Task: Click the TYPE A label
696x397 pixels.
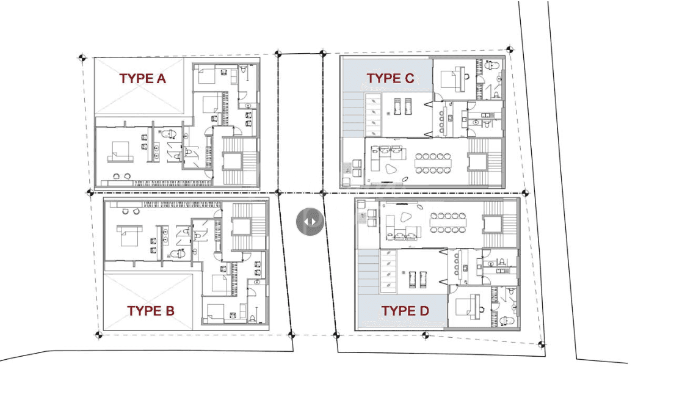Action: point(142,79)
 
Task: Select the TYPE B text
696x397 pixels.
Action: point(151,311)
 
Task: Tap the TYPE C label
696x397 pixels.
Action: point(390,78)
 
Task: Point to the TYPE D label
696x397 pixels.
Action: point(405,311)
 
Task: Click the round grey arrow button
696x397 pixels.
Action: point(310,221)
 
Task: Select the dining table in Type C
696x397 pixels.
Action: point(433,163)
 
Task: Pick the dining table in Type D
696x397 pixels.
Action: point(448,222)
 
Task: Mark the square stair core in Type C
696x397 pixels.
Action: point(477,162)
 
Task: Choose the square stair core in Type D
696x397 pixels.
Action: point(493,224)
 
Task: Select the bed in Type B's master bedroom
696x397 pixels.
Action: point(129,235)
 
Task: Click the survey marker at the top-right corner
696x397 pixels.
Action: point(510,49)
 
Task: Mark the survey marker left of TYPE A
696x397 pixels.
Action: point(82,57)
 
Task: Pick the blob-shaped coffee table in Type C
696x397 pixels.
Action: point(391,170)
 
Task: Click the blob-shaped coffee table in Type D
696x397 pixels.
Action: point(406,217)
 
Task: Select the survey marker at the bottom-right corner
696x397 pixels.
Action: point(542,344)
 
